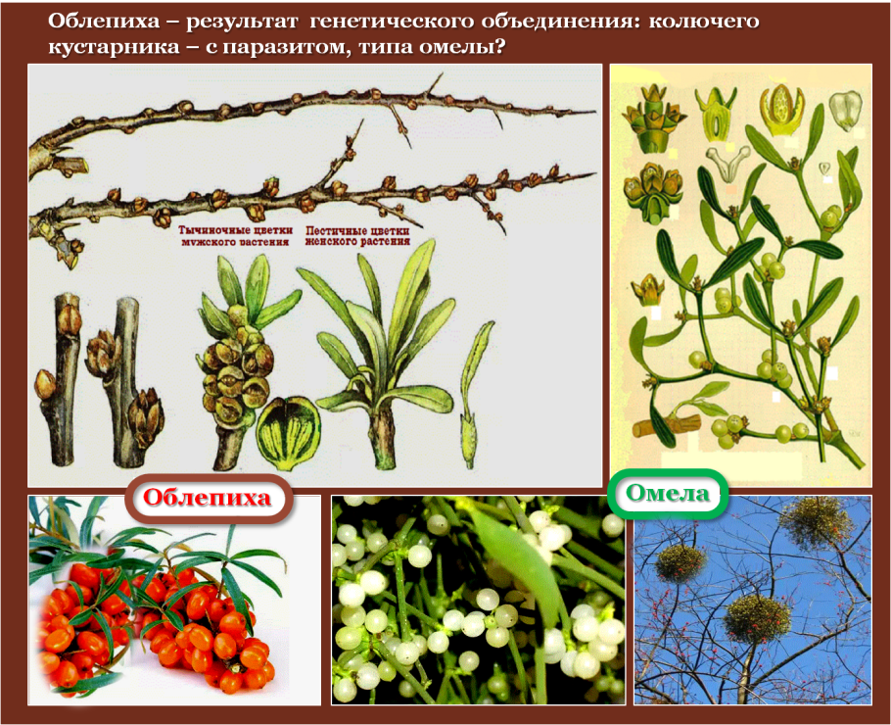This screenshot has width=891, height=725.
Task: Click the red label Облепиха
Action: pyautogui.click(x=208, y=498)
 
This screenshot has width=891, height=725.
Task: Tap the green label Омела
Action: pyautogui.click(x=667, y=493)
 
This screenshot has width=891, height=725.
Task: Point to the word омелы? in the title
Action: pyautogui.click(x=462, y=46)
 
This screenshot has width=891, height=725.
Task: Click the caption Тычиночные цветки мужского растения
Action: pyautogui.click(x=235, y=236)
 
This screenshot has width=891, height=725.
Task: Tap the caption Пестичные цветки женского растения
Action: pyautogui.click(x=357, y=236)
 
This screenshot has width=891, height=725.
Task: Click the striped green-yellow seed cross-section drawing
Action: pyautogui.click(x=288, y=433)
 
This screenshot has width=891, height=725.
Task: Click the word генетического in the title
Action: pyautogui.click(x=392, y=22)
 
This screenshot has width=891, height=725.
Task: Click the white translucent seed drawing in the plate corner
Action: pyautogui.click(x=846, y=110)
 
